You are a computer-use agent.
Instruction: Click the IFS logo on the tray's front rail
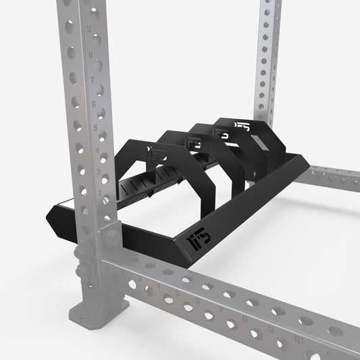point(195,239)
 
